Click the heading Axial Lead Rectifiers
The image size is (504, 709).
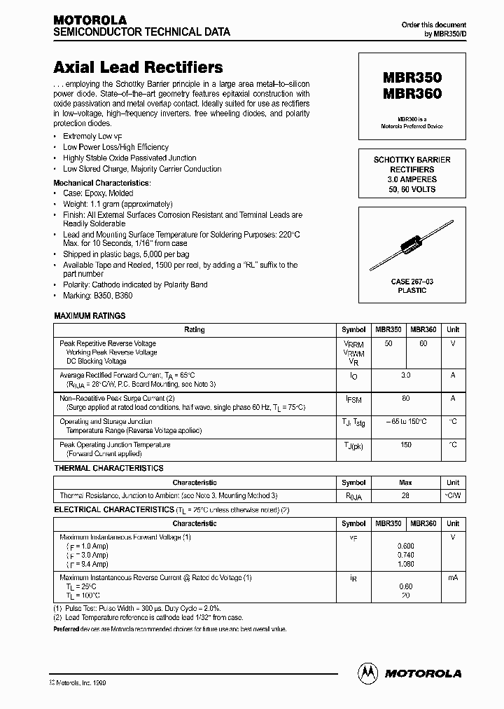click(x=139, y=68)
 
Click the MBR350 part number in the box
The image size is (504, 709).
click(x=412, y=78)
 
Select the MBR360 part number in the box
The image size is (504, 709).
click(x=412, y=92)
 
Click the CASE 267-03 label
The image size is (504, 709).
click(x=412, y=281)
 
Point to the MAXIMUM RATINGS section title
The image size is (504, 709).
click(x=90, y=316)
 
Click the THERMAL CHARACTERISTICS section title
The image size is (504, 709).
click(x=108, y=468)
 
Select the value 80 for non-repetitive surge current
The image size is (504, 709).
click(x=405, y=398)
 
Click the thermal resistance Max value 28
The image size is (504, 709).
click(x=405, y=495)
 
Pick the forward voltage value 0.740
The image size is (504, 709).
click(x=405, y=555)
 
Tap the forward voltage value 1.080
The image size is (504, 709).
click(x=405, y=564)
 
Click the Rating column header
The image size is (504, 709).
click(x=195, y=329)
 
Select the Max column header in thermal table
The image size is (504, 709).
click(x=405, y=483)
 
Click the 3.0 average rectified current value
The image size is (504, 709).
click(x=405, y=376)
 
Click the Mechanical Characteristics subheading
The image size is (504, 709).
click(x=103, y=182)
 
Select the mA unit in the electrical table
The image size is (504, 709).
click(x=453, y=578)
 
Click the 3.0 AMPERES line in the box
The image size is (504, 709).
click(x=412, y=179)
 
